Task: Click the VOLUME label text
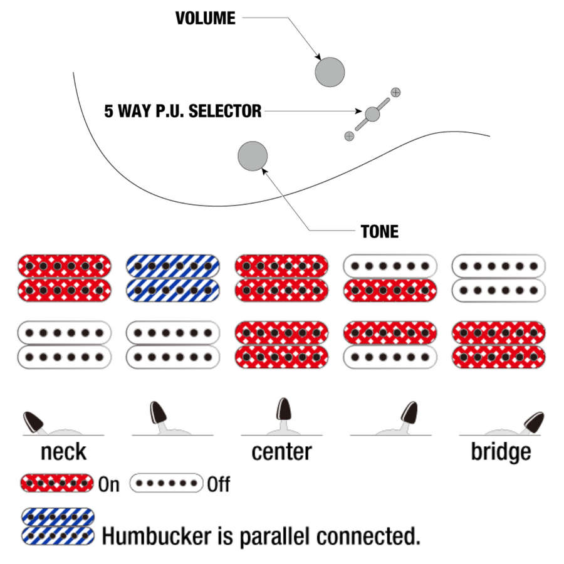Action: click(205, 19)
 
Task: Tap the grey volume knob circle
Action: click(330, 71)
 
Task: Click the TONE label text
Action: click(380, 231)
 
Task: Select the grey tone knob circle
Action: click(253, 156)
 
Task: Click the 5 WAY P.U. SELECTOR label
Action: click(182, 112)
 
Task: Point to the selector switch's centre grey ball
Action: click(372, 114)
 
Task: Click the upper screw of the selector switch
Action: click(395, 93)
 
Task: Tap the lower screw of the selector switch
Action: click(349, 135)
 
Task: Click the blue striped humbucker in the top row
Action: click(173, 278)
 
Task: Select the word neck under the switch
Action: click(63, 451)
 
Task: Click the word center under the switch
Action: click(281, 451)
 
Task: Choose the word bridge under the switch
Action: click(501, 451)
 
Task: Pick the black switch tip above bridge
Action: click(533, 421)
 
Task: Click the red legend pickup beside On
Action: click(57, 484)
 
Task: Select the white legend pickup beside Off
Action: click(167, 484)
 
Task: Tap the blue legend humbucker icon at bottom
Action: click(58, 526)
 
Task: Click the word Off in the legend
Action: click(219, 484)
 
